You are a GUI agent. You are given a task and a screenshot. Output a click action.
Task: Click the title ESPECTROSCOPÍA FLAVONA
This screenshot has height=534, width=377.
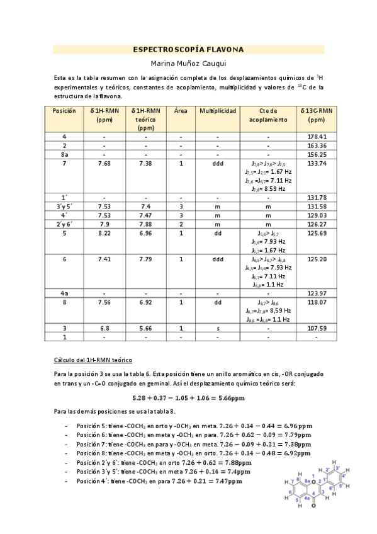pyautogui.click(x=188, y=49)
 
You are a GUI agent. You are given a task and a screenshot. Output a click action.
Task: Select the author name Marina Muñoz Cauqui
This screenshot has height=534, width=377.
pyautogui.click(x=188, y=64)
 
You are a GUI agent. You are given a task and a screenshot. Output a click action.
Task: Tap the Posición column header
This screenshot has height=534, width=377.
pyautogui.click(x=64, y=111)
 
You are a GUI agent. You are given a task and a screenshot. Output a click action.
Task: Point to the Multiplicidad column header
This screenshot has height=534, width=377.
pyautogui.click(x=218, y=111)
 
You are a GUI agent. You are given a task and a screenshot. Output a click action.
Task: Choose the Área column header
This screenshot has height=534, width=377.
pyautogui.click(x=181, y=111)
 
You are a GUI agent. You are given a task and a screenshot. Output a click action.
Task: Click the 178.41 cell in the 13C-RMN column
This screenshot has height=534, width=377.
pyautogui.click(x=317, y=137)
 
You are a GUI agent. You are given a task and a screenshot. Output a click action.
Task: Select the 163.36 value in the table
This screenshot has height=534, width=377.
pyautogui.click(x=317, y=145)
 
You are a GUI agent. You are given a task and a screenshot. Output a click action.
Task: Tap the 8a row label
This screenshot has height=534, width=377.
pyautogui.click(x=64, y=154)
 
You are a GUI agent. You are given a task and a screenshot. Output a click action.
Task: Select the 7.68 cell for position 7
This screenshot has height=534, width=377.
pyautogui.click(x=104, y=163)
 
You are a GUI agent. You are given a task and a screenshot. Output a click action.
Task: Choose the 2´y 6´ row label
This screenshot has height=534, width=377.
pyautogui.click(x=64, y=223)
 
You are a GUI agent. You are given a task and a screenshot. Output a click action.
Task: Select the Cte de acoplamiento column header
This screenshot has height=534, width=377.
pyautogui.click(x=267, y=115)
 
